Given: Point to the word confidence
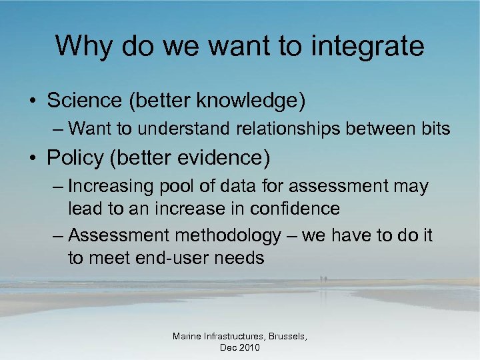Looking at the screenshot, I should click(x=296, y=209).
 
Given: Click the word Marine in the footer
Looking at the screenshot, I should click(x=187, y=337).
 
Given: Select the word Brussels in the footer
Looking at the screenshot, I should click(x=282, y=337).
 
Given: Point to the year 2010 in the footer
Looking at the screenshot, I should click(x=249, y=348).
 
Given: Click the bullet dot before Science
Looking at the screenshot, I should click(x=33, y=101).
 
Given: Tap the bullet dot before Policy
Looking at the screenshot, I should click(x=33, y=158).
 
